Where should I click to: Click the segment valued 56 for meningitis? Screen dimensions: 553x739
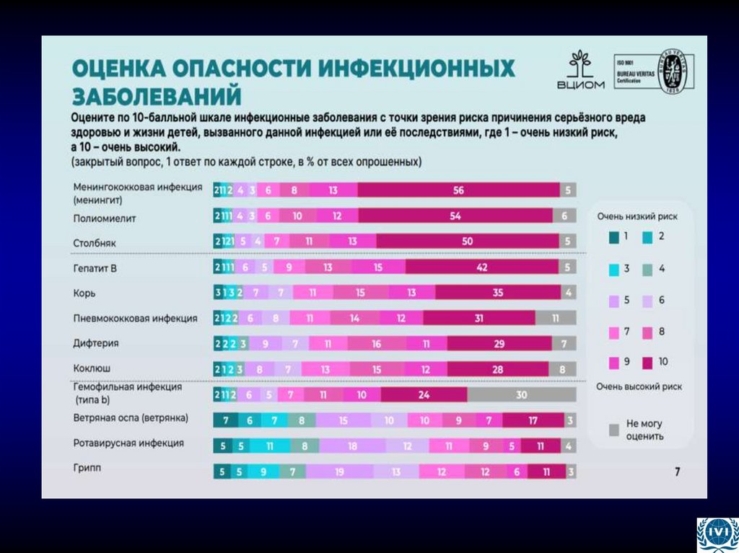point(458,190)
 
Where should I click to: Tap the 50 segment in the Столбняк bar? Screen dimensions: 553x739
point(467,242)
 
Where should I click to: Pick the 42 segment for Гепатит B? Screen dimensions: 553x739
point(482,267)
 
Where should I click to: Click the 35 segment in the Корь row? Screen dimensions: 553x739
point(498,293)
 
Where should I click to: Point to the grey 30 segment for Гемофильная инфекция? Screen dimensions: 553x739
point(521,394)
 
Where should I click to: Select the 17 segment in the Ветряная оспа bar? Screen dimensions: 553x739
point(533,420)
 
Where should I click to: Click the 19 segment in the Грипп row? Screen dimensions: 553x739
point(338,472)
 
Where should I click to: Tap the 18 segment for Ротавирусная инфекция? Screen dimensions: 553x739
point(352,446)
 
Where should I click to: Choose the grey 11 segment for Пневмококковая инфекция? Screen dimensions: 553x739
point(556,318)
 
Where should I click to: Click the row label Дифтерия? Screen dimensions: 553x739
point(96,343)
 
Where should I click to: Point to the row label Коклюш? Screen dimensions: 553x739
point(92,368)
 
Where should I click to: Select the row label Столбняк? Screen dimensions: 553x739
point(95,243)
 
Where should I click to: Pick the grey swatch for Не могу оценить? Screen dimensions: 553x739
point(614,430)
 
